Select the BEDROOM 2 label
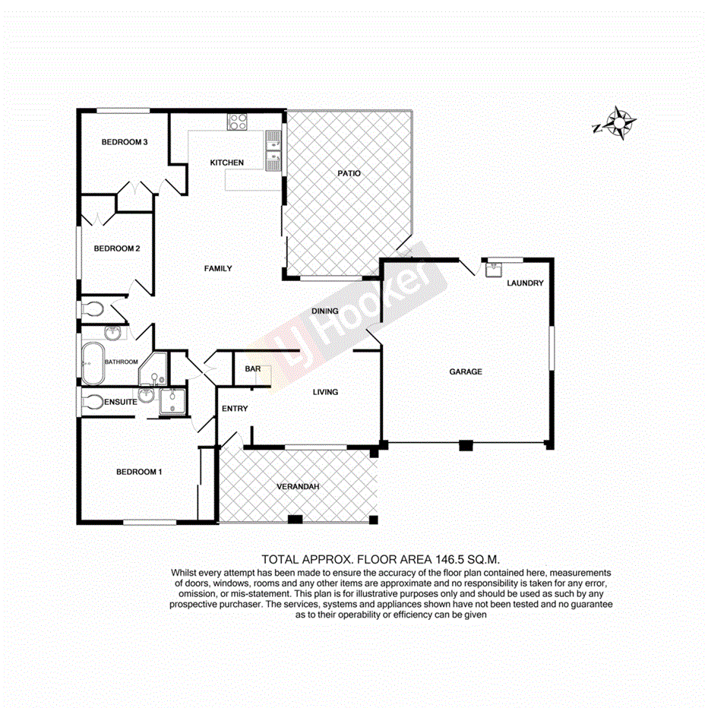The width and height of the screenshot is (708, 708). (x=116, y=248)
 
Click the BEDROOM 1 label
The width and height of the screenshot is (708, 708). (x=139, y=472)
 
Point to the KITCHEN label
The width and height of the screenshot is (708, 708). (x=227, y=163)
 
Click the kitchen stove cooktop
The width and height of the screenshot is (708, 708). (x=238, y=121)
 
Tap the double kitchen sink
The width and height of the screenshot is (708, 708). (x=273, y=149)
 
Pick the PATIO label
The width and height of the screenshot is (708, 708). (x=349, y=174)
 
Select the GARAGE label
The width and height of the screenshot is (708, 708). (x=466, y=371)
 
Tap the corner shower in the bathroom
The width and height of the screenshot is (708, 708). (x=155, y=371)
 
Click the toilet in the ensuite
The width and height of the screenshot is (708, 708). (x=91, y=402)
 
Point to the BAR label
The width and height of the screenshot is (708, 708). (x=253, y=370)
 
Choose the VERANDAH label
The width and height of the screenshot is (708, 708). (x=296, y=486)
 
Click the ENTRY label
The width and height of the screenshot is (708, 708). (x=235, y=409)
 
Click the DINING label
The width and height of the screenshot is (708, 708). (x=325, y=311)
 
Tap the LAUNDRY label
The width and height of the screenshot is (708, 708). (x=525, y=283)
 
